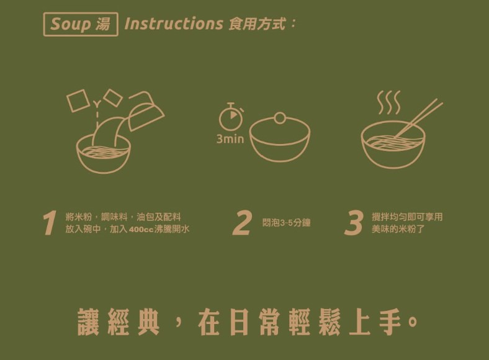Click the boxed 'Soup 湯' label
coord(81,24)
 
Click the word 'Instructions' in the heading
coord(173,24)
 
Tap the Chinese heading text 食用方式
coord(257,24)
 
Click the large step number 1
coord(49,223)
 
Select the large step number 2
coord(241,223)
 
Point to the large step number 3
coord(354,223)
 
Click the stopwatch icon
coord(231,116)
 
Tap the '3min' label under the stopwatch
coord(230,139)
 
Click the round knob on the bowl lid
coord(280,117)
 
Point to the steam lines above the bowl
coord(388,103)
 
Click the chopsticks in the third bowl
coord(418,118)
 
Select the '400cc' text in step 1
coord(141,230)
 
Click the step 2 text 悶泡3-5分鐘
coord(286,223)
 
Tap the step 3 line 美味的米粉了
coord(398,229)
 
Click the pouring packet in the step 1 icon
coord(146,111)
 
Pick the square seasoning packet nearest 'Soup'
coord(77,101)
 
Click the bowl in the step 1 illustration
coord(103,155)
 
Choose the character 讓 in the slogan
coord(89,322)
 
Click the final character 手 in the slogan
coord(390,322)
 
